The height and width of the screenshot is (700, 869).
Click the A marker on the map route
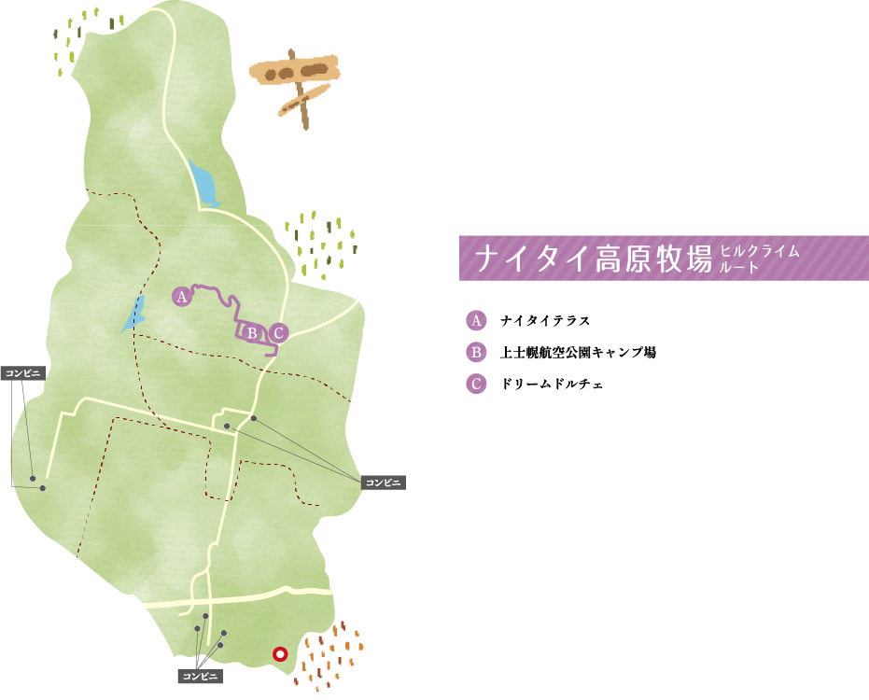pyautogui.click(x=182, y=297)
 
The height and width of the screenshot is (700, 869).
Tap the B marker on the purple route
pyautogui.click(x=252, y=331)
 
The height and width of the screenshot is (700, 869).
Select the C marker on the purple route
pyautogui.click(x=278, y=332)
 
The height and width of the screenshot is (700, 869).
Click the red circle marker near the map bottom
pyautogui.click(x=278, y=654)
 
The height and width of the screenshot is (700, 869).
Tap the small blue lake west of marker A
pyautogui.click(x=134, y=313)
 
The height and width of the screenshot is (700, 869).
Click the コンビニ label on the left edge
pyautogui.click(x=25, y=372)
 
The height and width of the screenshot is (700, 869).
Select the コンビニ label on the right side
pyautogui.click(x=383, y=482)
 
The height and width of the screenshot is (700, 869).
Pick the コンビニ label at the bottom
pyautogui.click(x=200, y=676)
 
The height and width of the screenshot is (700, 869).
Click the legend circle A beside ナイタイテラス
pyautogui.click(x=476, y=321)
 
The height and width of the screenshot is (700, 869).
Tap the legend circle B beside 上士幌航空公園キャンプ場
pyautogui.click(x=476, y=353)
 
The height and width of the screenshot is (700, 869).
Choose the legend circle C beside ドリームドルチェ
pyautogui.click(x=476, y=384)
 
